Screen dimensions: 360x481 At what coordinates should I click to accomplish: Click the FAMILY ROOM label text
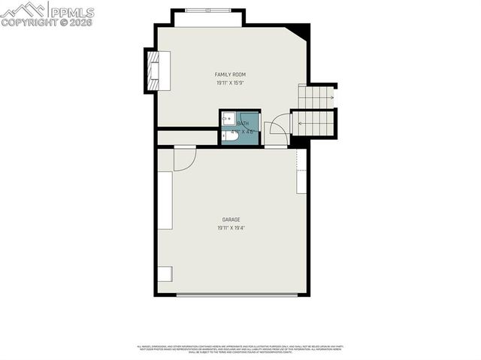[x=230, y=74]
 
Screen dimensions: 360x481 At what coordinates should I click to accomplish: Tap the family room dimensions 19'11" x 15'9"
[x=230, y=83]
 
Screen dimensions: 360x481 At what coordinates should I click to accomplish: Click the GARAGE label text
[x=230, y=219]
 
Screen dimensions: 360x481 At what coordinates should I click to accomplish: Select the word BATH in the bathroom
[x=243, y=123]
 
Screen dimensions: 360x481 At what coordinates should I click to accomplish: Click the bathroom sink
[x=228, y=119]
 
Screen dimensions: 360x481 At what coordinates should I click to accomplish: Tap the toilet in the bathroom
[x=228, y=136]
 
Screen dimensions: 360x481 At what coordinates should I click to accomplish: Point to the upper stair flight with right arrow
[x=316, y=96]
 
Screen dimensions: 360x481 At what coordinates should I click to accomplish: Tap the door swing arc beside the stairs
[x=277, y=128]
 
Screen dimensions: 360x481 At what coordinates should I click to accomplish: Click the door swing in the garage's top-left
[x=183, y=157]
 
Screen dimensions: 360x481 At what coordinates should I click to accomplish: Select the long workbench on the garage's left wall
[x=165, y=201]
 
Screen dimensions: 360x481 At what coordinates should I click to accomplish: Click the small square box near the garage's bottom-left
[x=165, y=274]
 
